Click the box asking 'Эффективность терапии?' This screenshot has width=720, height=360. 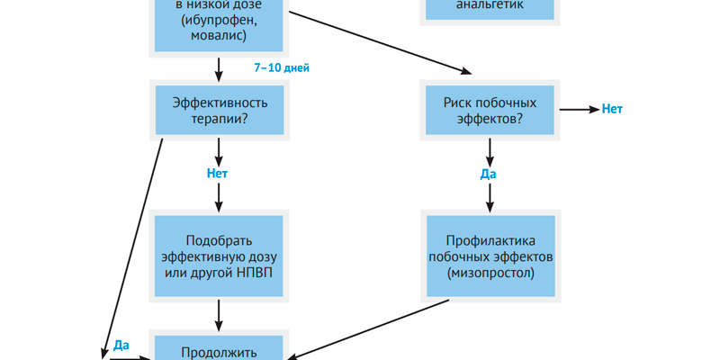pos(220,110)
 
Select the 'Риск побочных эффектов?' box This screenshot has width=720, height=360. pos(490,110)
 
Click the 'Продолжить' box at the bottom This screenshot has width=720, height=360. pos(220,351)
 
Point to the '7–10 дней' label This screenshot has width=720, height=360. pos(282,67)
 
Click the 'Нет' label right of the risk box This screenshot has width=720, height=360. pos(612,110)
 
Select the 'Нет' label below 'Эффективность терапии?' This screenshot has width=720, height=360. pos(219,173)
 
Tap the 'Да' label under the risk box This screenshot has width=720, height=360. pos(489,173)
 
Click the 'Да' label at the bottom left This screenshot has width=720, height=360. pos(122,344)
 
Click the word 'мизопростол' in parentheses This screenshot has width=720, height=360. pos(490,271)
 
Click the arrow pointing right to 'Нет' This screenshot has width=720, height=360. pos(579,110)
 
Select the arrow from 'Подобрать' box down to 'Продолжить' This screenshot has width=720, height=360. pos(220,314)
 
